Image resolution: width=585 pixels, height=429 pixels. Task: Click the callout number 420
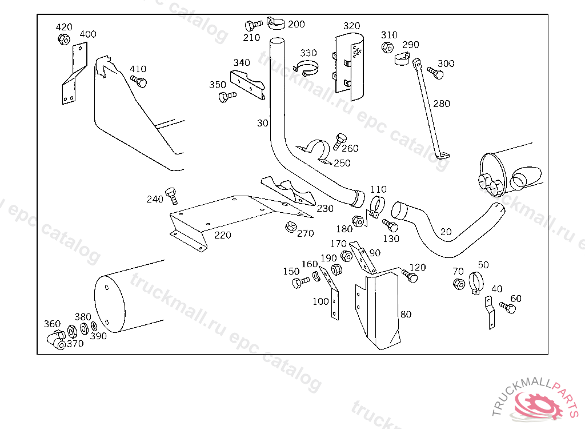coord(64,27)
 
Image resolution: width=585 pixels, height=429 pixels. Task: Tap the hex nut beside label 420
coord(64,39)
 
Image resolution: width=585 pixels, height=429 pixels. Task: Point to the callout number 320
coord(351,26)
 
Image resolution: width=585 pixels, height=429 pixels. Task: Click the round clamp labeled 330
coord(306,68)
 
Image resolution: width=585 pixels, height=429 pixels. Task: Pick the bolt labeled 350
coord(227,97)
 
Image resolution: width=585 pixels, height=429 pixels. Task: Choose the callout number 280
coord(442,104)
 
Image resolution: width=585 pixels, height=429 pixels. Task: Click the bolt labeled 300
coord(435,73)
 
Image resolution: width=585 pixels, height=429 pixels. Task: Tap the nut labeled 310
coord(387,47)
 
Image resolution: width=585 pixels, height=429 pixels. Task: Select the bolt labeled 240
coord(171,196)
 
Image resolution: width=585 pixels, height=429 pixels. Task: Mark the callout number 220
coord(222,235)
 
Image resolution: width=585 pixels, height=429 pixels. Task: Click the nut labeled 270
coord(290,227)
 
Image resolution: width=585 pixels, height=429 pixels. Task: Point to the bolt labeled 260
coord(339,142)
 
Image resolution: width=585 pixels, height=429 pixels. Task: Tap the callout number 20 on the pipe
coord(446,232)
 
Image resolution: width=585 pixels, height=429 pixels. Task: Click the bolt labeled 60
coord(508,308)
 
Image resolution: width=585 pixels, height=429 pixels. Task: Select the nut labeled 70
coord(459,284)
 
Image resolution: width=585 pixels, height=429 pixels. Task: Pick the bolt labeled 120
coord(410,276)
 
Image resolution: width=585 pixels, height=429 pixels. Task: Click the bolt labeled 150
coord(300,282)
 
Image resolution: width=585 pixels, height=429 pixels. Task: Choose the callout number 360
coord(52,324)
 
